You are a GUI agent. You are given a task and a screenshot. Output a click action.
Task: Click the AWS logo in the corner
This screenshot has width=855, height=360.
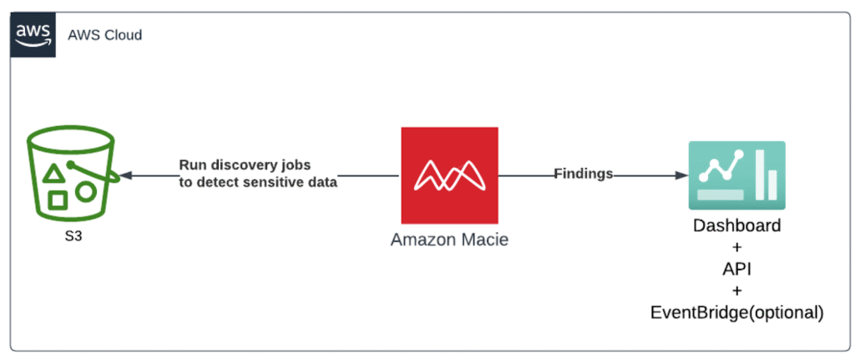click(33, 36)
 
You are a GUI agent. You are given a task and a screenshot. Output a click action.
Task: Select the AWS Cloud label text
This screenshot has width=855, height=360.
click(106, 35)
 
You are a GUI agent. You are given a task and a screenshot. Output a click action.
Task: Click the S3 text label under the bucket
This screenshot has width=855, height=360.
click(70, 236)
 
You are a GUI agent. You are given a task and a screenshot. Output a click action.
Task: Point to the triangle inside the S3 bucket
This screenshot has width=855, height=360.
click(53, 174)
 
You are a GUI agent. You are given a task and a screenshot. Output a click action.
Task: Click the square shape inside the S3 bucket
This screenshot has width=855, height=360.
click(58, 200)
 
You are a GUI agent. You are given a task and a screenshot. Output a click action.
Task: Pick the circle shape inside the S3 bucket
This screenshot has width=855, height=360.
click(85, 191)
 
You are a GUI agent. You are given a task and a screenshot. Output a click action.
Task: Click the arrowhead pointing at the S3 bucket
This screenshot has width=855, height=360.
click(126, 176)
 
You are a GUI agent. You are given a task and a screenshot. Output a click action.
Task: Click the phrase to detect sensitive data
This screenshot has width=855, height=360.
click(258, 182)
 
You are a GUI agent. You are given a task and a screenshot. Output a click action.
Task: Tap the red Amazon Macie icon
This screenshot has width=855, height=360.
click(449, 175)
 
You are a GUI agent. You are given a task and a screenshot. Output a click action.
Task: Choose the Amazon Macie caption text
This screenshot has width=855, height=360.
click(449, 240)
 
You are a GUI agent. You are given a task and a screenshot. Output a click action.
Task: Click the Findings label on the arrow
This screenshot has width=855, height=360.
click(584, 174)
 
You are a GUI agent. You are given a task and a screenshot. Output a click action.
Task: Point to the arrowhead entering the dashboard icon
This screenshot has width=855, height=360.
click(681, 176)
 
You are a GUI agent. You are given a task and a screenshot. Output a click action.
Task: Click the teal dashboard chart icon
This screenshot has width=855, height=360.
click(736, 176)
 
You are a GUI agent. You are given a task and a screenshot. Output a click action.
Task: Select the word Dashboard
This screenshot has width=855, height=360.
click(737, 226)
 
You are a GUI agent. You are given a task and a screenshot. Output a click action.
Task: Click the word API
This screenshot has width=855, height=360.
click(737, 270)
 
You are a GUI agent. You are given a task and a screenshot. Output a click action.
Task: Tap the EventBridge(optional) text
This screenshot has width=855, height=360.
click(737, 313)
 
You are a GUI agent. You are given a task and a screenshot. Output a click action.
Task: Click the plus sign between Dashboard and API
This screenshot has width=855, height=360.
click(737, 248)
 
